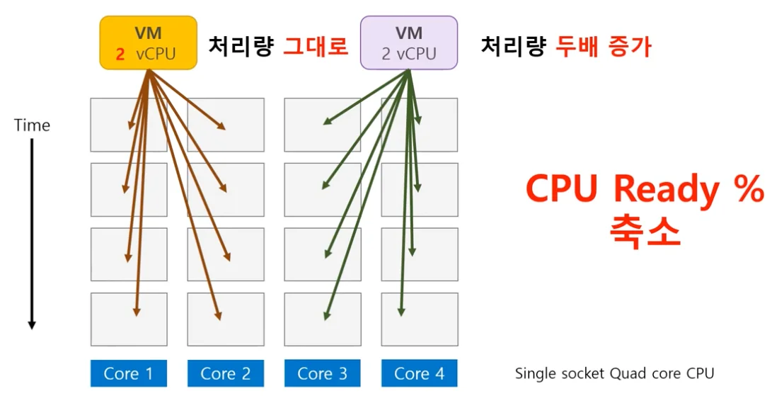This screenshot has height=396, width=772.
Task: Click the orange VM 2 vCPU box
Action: pos(147,43)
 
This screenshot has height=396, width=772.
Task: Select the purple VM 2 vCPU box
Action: pos(408,43)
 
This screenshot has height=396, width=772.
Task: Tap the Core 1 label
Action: pos(128,373)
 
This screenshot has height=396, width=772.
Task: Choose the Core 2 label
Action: pos(225,373)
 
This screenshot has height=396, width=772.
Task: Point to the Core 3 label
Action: pos(322,373)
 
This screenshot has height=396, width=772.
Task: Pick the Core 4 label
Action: pos(419,373)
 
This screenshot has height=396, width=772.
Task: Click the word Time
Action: pos(32,125)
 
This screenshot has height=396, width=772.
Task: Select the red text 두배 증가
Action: pos(603,47)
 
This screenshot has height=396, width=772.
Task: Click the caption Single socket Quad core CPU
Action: pos(614,373)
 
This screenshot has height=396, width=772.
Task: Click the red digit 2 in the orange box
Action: pos(120,54)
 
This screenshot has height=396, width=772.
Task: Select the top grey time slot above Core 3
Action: pos(322,125)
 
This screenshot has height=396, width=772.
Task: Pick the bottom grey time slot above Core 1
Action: pos(128,319)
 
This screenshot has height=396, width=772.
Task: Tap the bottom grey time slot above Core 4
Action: pos(419,319)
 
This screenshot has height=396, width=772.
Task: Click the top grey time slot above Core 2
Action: pos(225,125)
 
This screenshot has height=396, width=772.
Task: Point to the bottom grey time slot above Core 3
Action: pos(322,319)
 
